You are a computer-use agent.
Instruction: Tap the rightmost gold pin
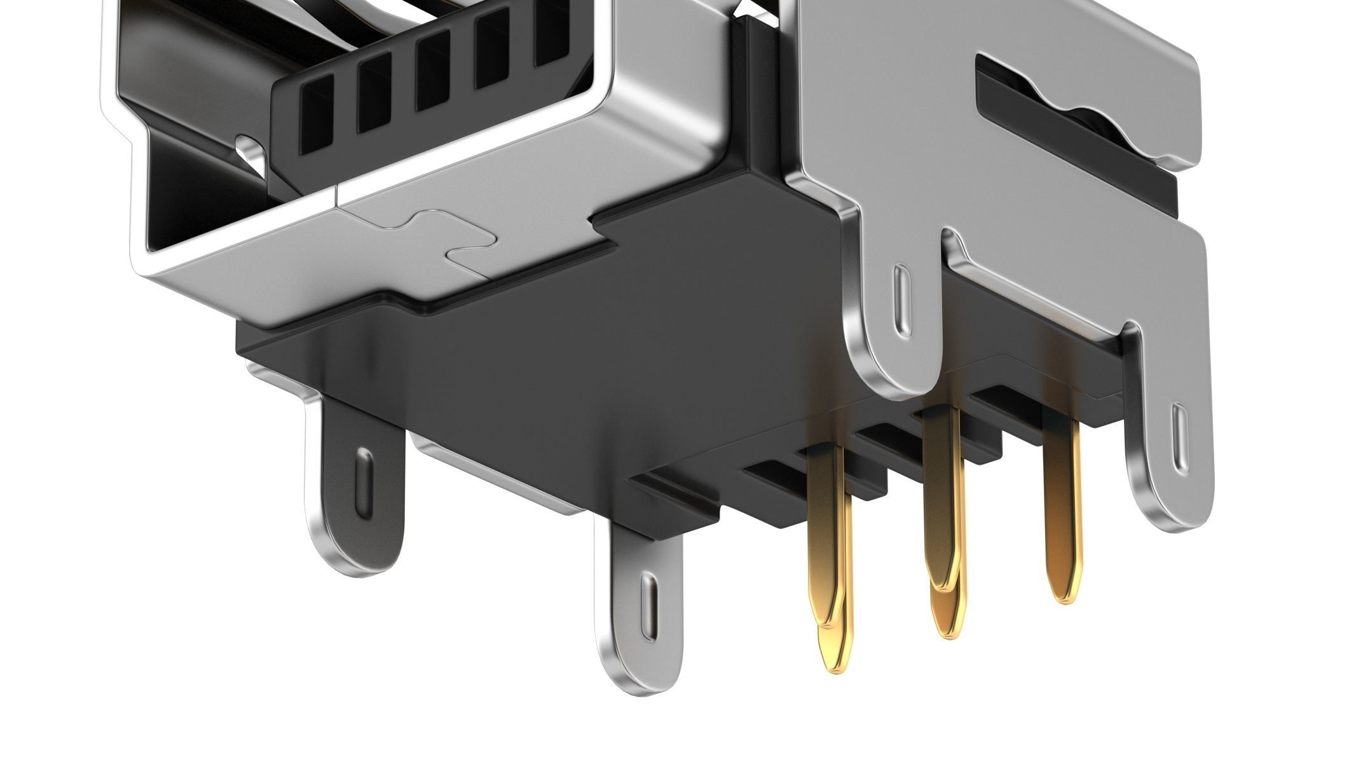[1060, 509]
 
